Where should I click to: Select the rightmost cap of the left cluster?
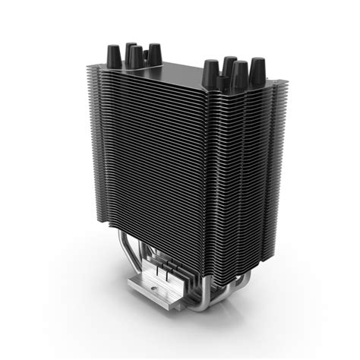pyautogui.click(x=154, y=53)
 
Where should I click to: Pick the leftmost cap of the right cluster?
pyautogui.click(x=210, y=74)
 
